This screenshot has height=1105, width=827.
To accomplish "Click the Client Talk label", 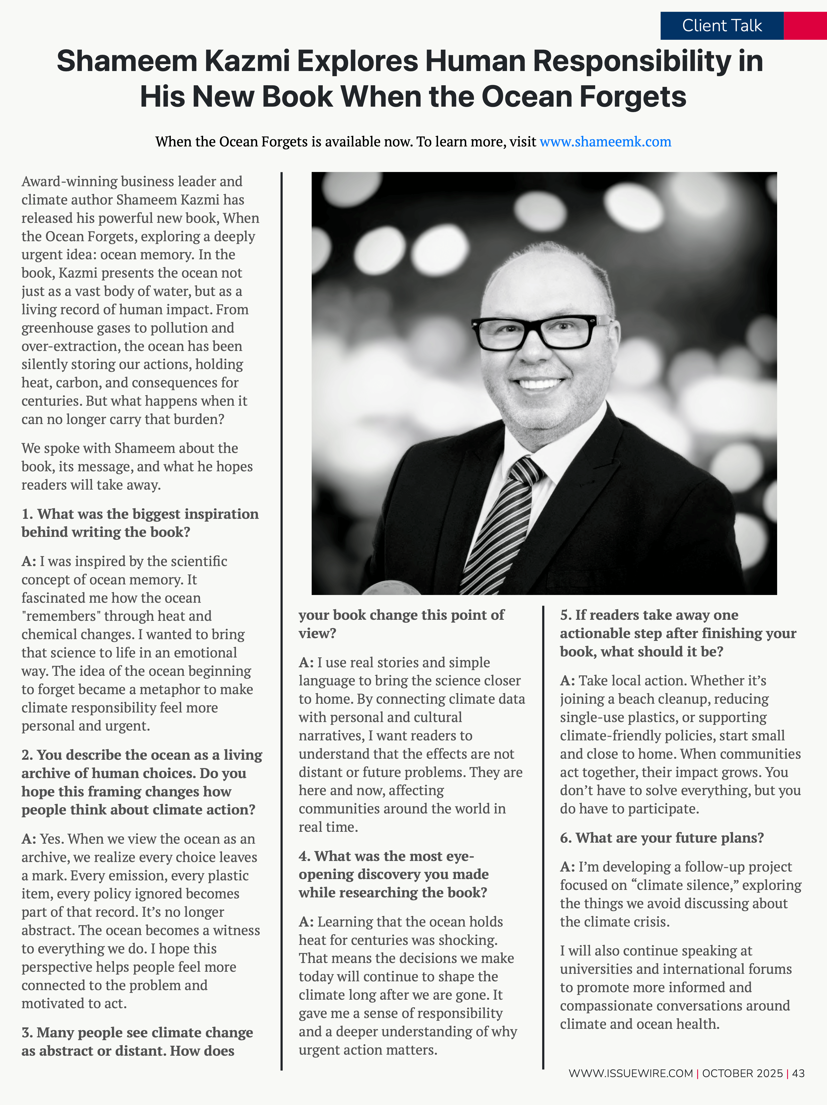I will pyautogui.click(x=722, y=26).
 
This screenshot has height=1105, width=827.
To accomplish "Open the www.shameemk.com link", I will pyautogui.click(x=605, y=142).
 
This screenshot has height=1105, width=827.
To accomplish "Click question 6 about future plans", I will pyautogui.click(x=662, y=838).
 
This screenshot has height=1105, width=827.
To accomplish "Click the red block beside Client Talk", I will pyautogui.click(x=805, y=26).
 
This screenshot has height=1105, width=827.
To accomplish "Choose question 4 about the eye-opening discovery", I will pyautogui.click(x=394, y=874).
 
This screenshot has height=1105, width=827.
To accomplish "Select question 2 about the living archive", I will pyautogui.click(x=142, y=782).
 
